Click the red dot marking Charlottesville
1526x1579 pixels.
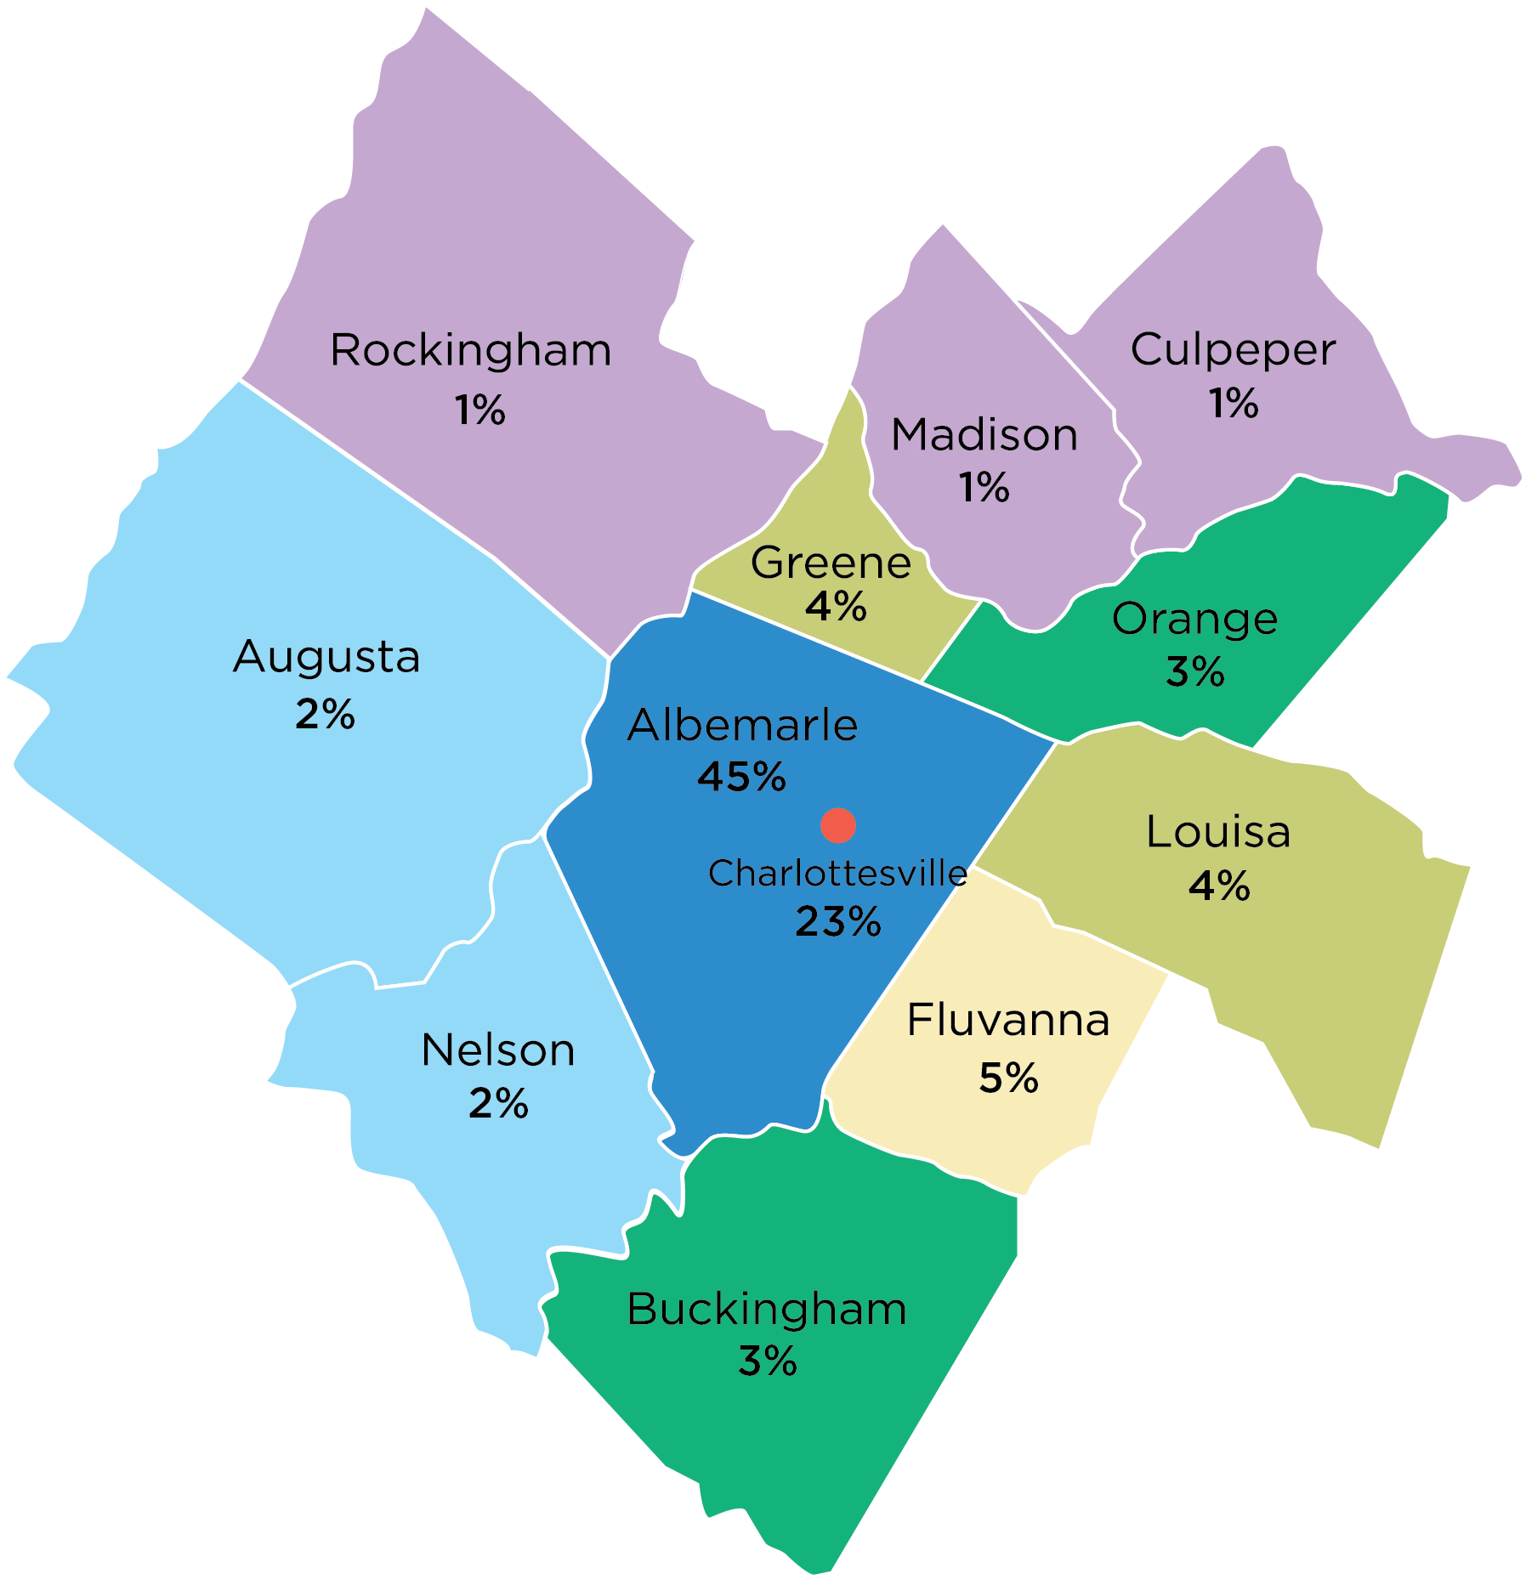[837, 825]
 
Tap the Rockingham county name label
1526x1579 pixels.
[470, 350]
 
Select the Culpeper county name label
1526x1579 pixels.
[1233, 349]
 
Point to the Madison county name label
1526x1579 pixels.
[984, 434]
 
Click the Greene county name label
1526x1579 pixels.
[831, 562]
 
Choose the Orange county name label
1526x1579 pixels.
[1194, 619]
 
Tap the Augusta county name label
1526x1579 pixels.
[326, 656]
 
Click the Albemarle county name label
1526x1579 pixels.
[742, 725]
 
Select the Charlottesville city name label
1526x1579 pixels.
[837, 873]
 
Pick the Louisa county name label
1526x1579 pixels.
[1218, 831]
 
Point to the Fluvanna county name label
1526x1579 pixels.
[1008, 1020]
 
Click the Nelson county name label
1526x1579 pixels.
[498, 1050]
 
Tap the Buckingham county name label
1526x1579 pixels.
[766, 1309]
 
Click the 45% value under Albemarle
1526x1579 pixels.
[741, 776]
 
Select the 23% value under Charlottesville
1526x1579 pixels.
[837, 921]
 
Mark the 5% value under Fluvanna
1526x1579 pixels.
[1008, 1078]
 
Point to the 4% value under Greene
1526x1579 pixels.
[836, 607]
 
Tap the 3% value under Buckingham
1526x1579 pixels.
[767, 1361]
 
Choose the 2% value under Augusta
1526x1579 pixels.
[325, 714]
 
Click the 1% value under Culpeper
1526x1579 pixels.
[1233, 402]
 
